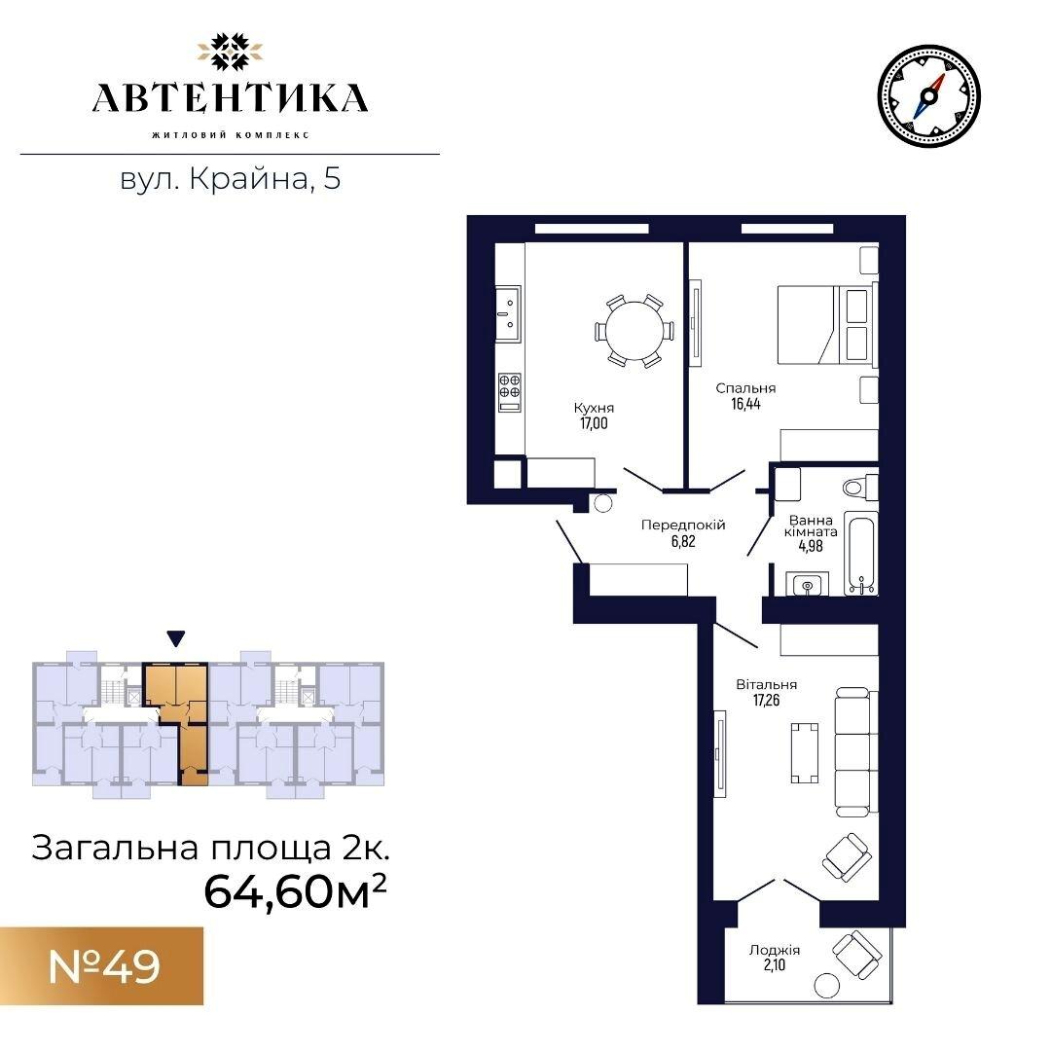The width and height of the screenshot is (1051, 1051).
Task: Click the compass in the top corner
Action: tap(928, 96)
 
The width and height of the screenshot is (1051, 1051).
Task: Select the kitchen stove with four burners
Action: tap(509, 393)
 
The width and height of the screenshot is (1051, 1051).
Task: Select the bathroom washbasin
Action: tap(807, 585)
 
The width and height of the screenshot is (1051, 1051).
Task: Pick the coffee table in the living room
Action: tap(805, 752)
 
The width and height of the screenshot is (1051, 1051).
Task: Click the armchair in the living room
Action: tap(848, 856)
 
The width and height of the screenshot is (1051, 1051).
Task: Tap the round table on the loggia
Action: tap(826, 985)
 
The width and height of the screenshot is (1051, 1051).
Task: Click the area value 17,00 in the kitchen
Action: tap(594, 423)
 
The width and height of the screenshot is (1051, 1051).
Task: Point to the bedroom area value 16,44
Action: tap(746, 404)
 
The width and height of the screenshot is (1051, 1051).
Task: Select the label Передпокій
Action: tap(683, 525)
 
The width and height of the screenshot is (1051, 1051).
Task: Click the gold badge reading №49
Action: tap(102, 966)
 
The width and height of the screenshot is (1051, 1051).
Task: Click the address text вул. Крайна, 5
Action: tap(231, 179)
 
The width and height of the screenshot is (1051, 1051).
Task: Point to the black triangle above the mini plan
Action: tap(175, 638)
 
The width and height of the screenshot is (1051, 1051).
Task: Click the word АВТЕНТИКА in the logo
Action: tap(230, 98)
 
